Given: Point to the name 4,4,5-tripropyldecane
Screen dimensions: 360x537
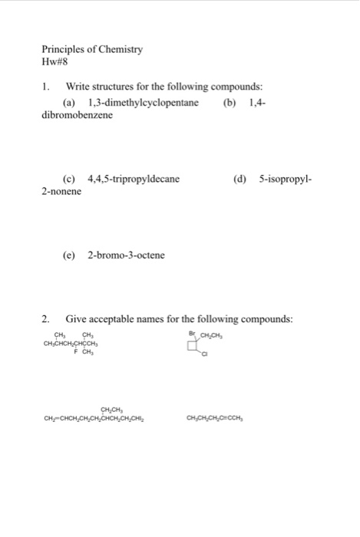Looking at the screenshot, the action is [x=134, y=179].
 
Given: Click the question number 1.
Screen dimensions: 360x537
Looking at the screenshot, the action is [x=46, y=87].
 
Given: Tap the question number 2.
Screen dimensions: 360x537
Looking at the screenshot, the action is [x=46, y=318].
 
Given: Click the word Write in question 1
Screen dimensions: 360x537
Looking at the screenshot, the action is [x=80, y=87].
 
